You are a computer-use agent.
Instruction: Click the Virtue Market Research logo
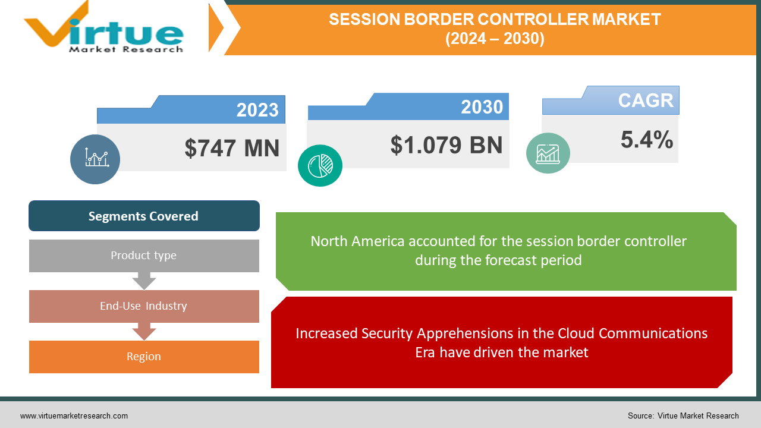point(104,29)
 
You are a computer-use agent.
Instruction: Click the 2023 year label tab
point(257,110)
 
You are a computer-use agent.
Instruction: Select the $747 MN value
point(232,148)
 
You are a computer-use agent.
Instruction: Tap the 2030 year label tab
point(482,107)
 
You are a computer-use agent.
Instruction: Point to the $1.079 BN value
point(446,145)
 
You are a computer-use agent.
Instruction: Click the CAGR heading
point(645,100)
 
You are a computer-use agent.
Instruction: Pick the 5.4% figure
point(647,140)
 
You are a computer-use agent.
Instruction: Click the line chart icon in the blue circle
point(95,159)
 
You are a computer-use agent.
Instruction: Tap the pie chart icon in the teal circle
point(320,165)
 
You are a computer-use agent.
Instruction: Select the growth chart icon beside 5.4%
point(548,153)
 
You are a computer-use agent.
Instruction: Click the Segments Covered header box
point(144,216)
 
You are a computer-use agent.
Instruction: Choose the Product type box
point(144,256)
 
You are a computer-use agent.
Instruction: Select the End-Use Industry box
point(144,306)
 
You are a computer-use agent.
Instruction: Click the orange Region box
point(144,357)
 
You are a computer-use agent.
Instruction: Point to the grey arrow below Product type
point(144,281)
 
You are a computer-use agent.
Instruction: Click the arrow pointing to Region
point(144,331)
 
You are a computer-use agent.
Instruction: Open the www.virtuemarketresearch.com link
point(74,416)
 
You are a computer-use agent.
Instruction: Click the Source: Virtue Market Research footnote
point(683,416)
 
